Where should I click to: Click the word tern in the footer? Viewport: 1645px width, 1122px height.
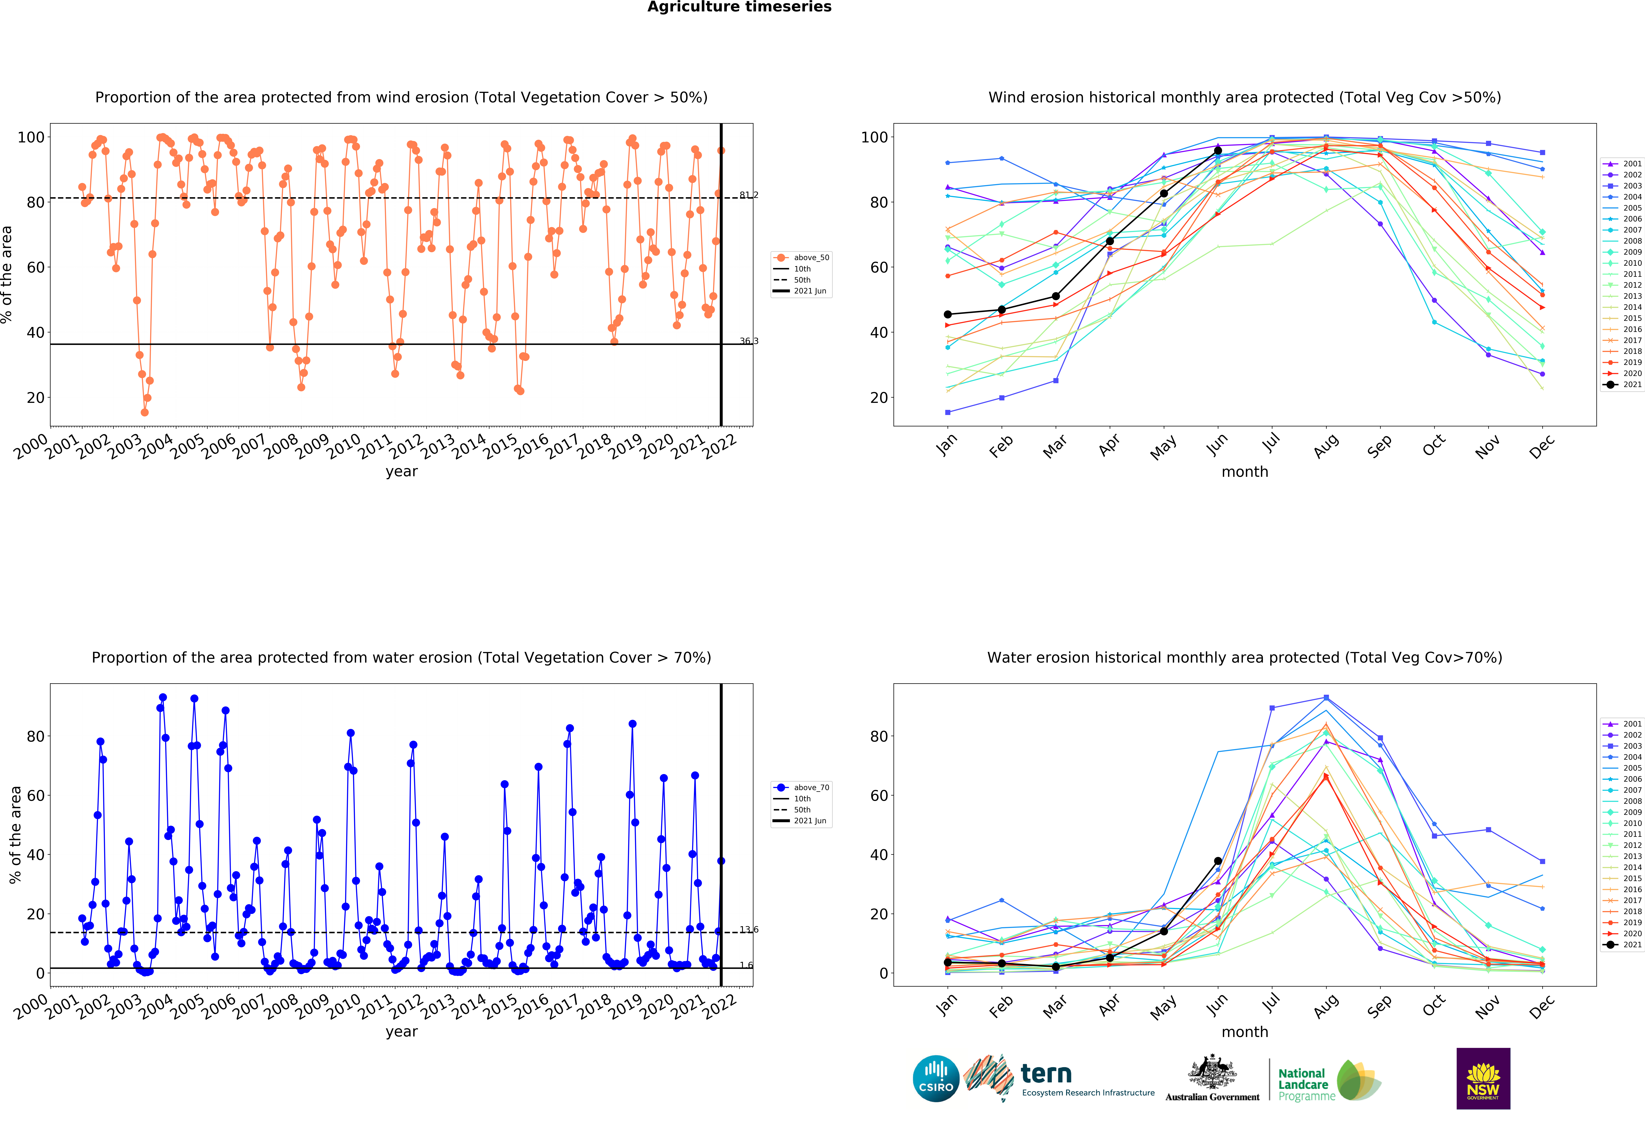click(1046, 1074)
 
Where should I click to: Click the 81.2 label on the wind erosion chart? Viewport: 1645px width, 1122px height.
click(749, 195)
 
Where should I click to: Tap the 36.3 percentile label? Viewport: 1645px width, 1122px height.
click(749, 341)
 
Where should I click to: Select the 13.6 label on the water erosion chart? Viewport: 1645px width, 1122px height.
click(749, 929)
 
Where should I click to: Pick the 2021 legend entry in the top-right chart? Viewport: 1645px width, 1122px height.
click(1622, 385)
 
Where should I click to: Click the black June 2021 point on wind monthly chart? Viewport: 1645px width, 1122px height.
click(1217, 151)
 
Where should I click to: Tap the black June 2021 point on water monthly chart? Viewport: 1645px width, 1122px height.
click(1217, 861)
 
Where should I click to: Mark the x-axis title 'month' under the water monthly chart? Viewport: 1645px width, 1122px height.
click(1244, 1032)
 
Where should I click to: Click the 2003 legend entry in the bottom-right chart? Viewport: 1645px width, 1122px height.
click(1622, 746)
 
